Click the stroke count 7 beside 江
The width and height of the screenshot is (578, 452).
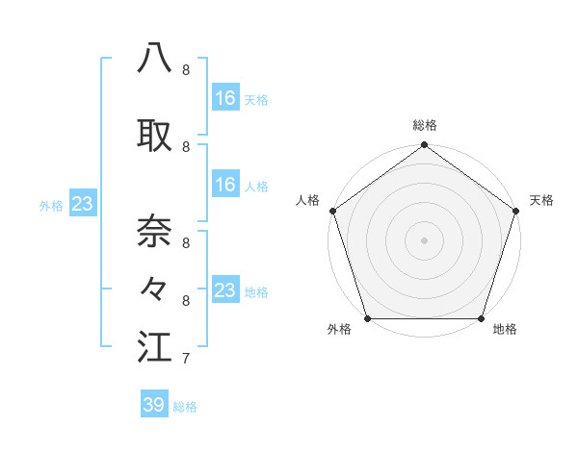click(x=185, y=360)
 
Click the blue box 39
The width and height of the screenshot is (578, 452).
click(x=154, y=405)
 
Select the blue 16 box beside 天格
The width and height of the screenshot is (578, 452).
click(x=224, y=98)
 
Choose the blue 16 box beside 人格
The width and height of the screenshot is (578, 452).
click(x=224, y=185)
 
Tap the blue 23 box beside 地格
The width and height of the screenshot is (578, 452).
click(x=224, y=290)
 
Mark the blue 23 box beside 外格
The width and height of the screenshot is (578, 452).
click(x=82, y=204)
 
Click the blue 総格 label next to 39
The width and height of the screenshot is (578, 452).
click(x=185, y=407)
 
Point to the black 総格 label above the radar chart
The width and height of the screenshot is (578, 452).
click(x=424, y=125)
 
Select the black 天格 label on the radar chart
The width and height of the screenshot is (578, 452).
click(x=542, y=200)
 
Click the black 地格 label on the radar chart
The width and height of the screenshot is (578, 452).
click(x=505, y=330)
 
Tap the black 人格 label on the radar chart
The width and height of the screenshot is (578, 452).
click(x=308, y=200)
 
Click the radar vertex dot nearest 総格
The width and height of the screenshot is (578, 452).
click(x=424, y=145)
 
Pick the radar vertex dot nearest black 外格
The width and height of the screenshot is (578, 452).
click(x=367, y=318)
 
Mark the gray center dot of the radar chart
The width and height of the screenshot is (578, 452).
click(x=424, y=240)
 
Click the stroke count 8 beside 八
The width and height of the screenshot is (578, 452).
click(x=185, y=70)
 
